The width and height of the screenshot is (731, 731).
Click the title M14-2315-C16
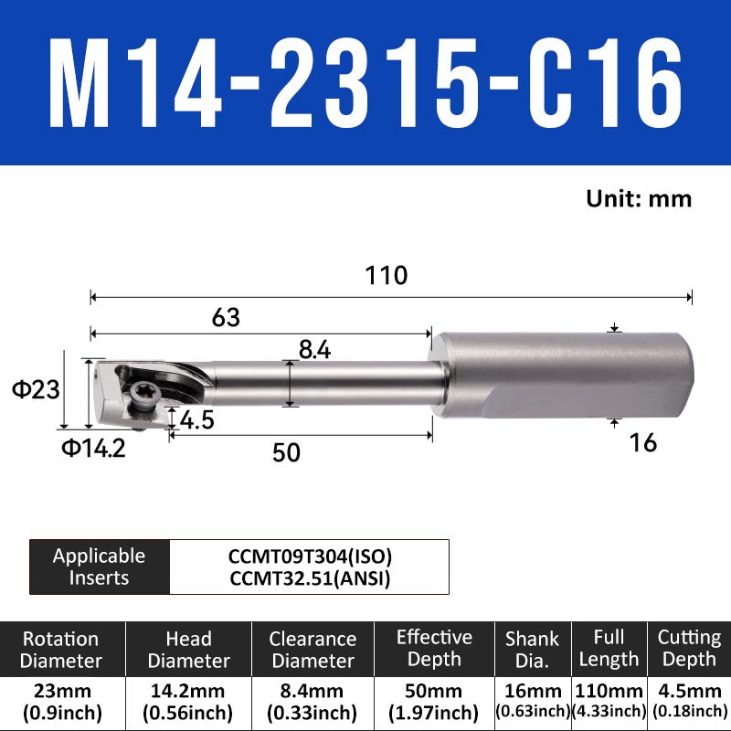[365, 85]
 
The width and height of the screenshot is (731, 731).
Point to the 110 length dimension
[387, 275]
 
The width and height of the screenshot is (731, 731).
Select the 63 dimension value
[225, 317]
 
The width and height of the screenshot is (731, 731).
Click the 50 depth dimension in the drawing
[286, 453]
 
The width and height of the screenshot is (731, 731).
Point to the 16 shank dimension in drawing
[643, 443]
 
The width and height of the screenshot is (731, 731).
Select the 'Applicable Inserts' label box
[100, 567]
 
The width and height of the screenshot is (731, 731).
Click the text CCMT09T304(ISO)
[310, 555]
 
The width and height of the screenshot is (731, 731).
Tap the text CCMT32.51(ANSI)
[310, 577]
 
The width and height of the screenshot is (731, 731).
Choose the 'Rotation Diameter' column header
[62, 650]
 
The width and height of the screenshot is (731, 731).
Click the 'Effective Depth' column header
[435, 649]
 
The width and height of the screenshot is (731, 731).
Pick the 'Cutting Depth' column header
[689, 649]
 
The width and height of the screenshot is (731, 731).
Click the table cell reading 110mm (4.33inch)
[609, 702]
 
